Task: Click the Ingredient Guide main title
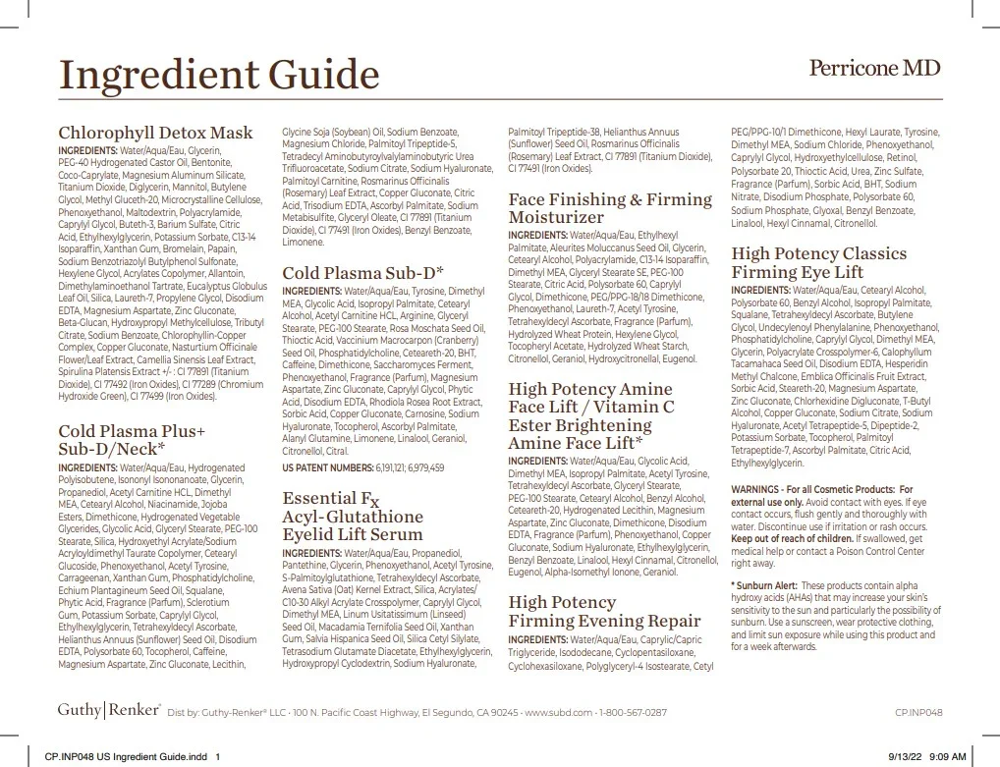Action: tap(218, 74)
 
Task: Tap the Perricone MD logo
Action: tap(874, 68)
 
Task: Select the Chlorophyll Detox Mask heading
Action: tap(155, 133)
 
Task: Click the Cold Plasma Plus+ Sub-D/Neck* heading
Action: tap(132, 440)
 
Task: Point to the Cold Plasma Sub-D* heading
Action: tap(362, 273)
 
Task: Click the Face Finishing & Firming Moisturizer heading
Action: tap(609, 207)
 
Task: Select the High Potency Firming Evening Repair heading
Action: tap(604, 611)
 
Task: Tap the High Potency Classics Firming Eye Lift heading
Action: tap(818, 262)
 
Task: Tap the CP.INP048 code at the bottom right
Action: tap(918, 713)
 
